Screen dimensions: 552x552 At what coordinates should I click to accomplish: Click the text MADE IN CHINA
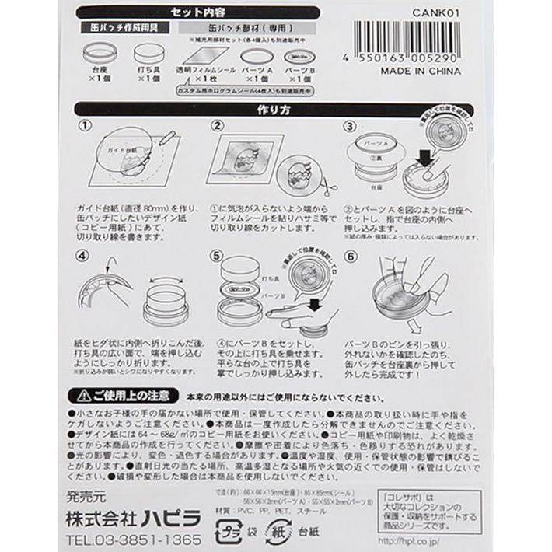pyautogui.click(x=421, y=71)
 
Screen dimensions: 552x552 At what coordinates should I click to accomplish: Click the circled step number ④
pyautogui.click(x=86, y=257)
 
